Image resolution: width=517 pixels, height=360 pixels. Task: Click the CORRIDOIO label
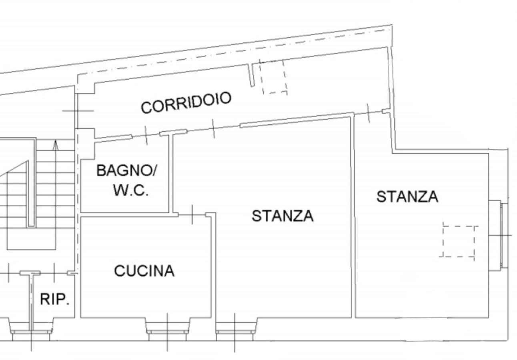tap(186, 103)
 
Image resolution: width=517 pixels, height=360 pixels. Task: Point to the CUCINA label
tap(144, 271)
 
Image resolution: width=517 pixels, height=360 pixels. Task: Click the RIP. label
tap(55, 299)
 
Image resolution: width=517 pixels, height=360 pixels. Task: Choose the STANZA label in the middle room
tap(283, 216)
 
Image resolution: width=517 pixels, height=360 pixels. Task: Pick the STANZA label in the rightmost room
tap(407, 197)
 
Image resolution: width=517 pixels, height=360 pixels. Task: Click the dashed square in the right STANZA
tap(459, 241)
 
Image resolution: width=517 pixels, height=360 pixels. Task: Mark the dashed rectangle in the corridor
tap(273, 77)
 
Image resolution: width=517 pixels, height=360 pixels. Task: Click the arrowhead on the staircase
tap(56, 145)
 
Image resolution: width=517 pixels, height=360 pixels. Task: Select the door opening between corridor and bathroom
tap(146, 135)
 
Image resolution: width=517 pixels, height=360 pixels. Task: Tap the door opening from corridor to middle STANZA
tap(213, 128)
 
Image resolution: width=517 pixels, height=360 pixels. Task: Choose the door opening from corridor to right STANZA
tap(368, 112)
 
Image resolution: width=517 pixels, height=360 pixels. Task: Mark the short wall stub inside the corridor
tap(252, 75)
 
